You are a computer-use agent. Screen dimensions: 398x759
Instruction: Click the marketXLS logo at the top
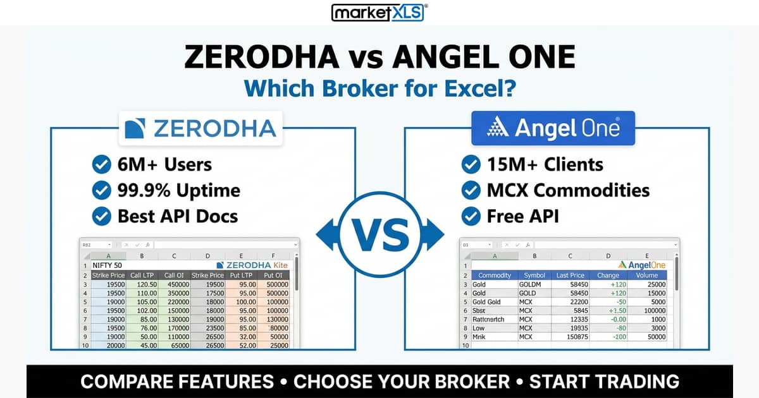[x=379, y=12]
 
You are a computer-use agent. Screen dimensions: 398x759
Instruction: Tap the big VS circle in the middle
[x=379, y=234]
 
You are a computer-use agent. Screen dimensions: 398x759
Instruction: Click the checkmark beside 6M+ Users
[x=101, y=165]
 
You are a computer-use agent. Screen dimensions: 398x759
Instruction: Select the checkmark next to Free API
[x=471, y=216]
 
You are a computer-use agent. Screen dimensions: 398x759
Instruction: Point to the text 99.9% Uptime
[x=178, y=190]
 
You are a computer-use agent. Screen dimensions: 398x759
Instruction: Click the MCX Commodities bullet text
[x=568, y=190]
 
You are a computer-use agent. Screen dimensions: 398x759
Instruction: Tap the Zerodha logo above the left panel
[x=201, y=128]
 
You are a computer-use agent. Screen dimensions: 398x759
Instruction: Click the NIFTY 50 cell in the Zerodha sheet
[x=108, y=265]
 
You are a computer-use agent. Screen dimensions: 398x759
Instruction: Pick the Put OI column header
[x=273, y=275]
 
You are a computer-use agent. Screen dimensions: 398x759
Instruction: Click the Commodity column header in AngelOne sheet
[x=495, y=275]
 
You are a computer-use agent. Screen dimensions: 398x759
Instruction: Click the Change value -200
[x=608, y=337]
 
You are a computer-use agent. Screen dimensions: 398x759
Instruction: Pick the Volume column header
[x=646, y=275]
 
